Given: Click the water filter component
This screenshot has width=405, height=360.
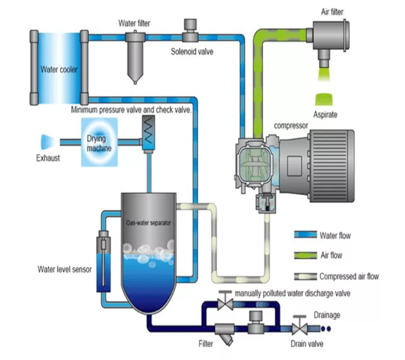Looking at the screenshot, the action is coord(135,57).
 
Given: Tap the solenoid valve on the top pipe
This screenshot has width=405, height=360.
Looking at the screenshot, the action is coord(190,30).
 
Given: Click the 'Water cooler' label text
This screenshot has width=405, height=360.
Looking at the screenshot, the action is coord(59,69).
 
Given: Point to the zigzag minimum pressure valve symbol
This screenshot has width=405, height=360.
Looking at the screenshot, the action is coord(148,129).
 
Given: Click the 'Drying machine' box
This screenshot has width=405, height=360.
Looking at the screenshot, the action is coord(99,142).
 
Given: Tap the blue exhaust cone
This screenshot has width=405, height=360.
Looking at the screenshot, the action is coord(47,142).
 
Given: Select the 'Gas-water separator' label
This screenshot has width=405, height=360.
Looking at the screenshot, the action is coord(148,223).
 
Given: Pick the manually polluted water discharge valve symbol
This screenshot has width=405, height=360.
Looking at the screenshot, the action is coord(225,301).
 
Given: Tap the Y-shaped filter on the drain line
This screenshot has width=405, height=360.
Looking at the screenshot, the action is coord(225,334).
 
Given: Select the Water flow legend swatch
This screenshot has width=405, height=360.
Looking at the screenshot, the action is coord(306,234).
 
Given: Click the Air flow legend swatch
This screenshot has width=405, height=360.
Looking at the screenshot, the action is coord(306,255).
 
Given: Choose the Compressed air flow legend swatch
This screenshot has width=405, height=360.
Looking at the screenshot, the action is coord(306,276).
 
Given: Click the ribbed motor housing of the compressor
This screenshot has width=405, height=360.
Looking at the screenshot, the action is coord(332,166).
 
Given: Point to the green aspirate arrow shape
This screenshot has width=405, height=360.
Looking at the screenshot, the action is coord(324,99).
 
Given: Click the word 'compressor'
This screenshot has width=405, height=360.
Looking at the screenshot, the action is coord(291,126).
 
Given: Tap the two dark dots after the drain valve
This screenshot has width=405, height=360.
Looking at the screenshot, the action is coord(326,329).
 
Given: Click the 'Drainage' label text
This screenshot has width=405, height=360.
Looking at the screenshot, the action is coord(327,315).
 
